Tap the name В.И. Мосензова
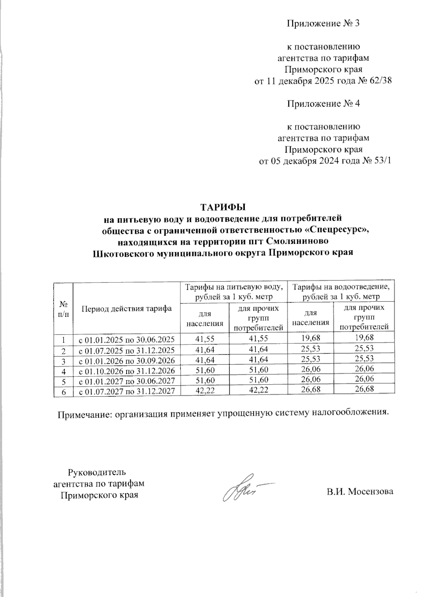click(x=359, y=491)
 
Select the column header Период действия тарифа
click(x=127, y=309)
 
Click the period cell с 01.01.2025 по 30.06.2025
click(x=127, y=339)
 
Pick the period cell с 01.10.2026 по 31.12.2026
click(x=127, y=370)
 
